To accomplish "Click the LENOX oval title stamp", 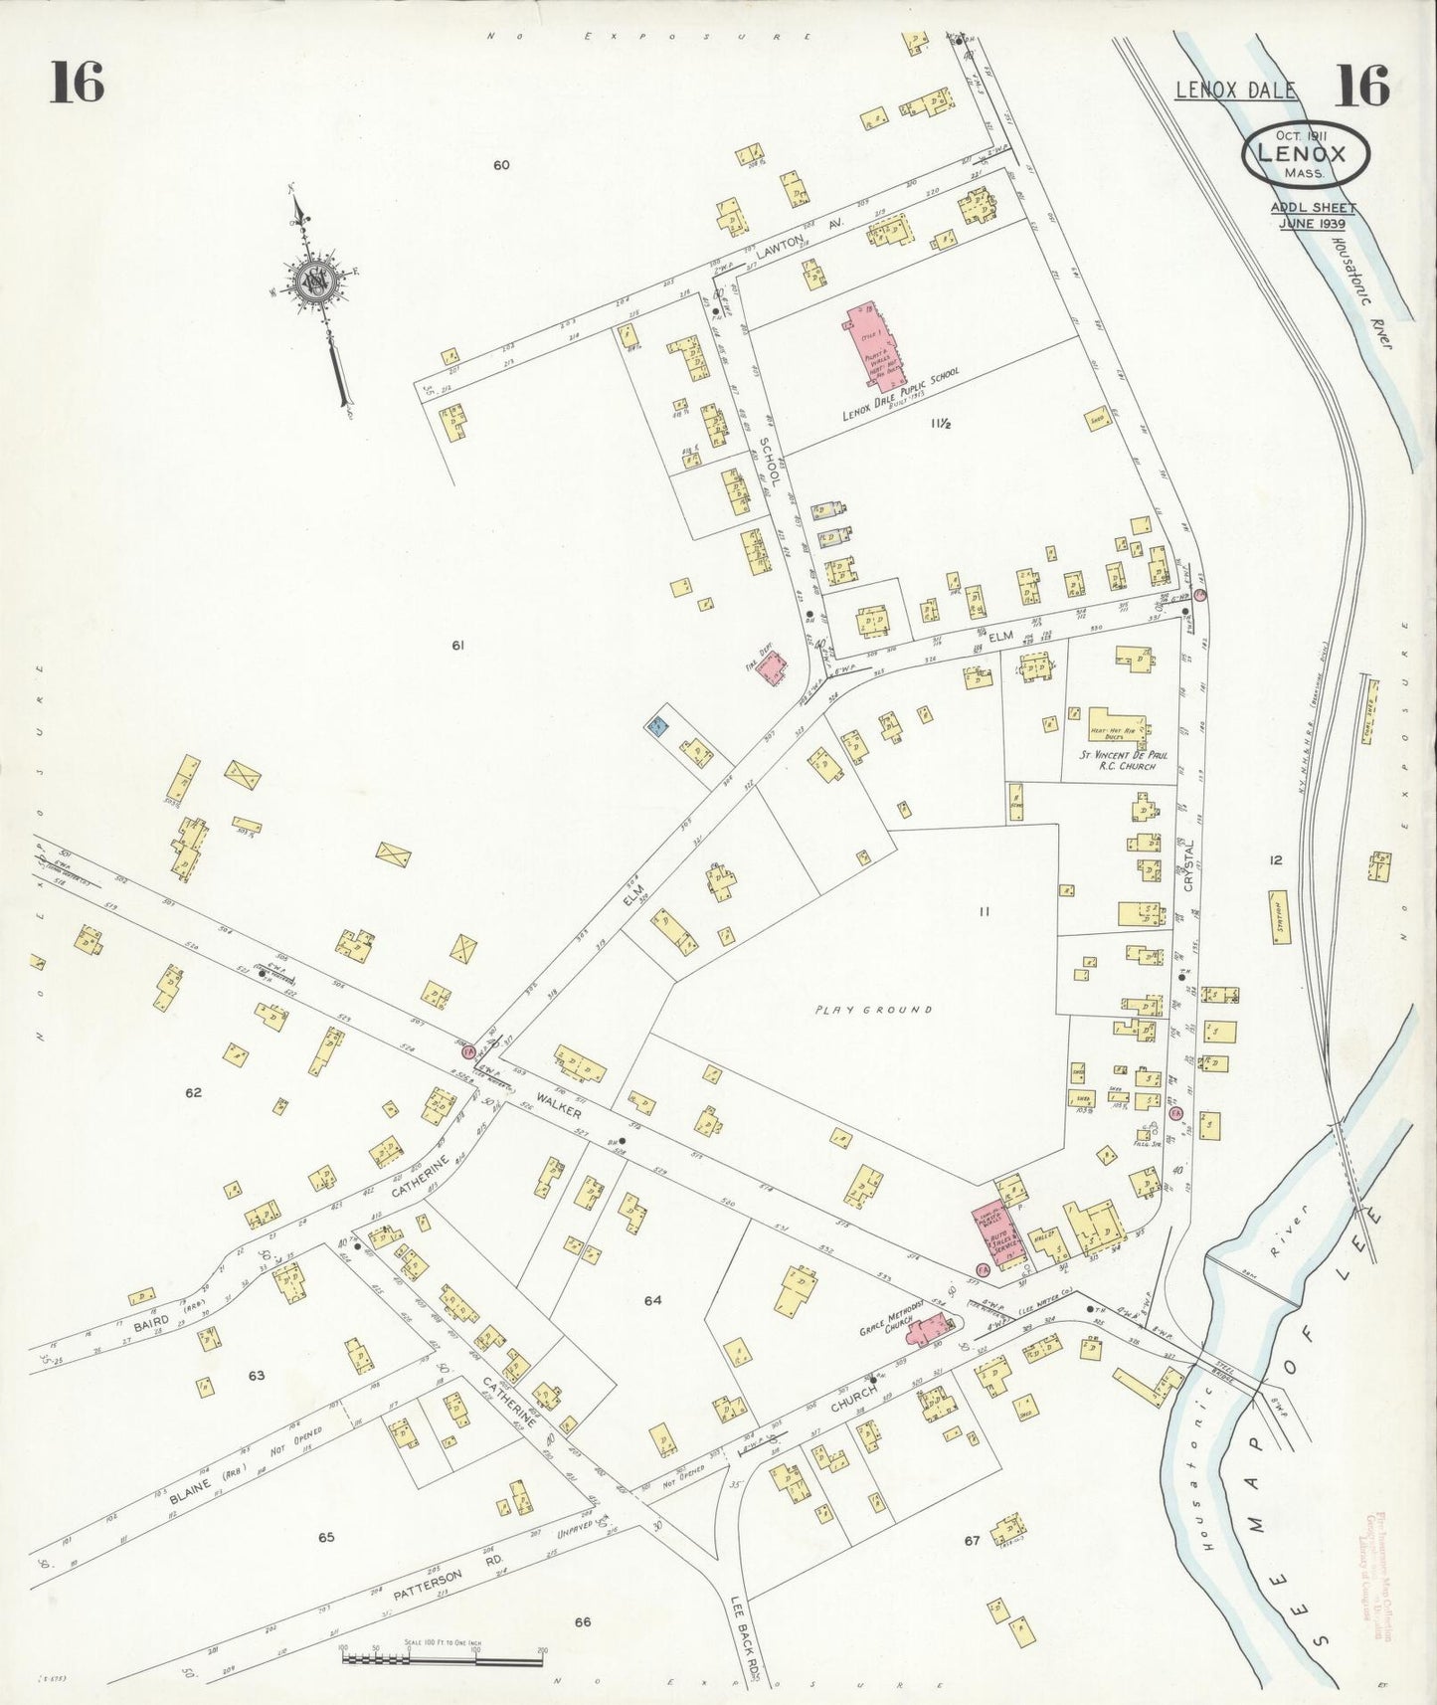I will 1304,155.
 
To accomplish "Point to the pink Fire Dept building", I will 772,667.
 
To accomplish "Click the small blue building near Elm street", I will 657,725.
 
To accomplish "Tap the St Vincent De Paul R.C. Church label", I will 1125,761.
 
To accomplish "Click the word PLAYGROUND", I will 874,1009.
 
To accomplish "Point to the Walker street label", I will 559,1104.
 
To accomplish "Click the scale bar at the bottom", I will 442,1658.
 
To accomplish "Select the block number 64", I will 652,1300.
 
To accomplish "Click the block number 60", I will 501,165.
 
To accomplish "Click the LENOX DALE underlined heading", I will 1236,91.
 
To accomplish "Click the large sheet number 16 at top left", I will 77,82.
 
